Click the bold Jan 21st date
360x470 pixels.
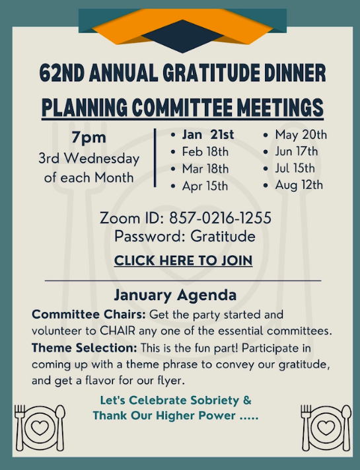coord(208,135)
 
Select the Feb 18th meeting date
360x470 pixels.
coord(205,152)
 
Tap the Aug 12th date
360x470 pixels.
coord(299,184)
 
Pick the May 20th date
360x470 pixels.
coord(301,135)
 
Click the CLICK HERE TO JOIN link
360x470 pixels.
coord(183,260)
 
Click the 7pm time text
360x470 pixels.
coord(89,138)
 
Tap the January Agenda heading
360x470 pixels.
coord(175,295)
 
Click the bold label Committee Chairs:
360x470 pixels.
coord(89,313)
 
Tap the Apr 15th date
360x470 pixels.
coord(205,186)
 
